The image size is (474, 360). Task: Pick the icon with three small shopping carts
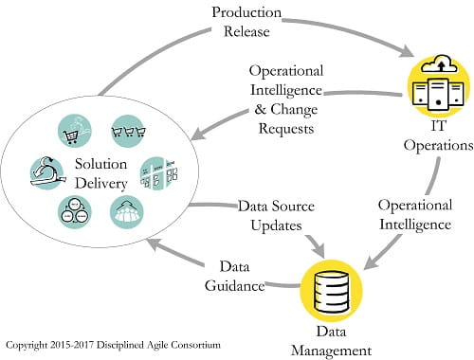126,131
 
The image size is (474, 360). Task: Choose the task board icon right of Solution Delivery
158,173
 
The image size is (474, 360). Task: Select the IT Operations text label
443,137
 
